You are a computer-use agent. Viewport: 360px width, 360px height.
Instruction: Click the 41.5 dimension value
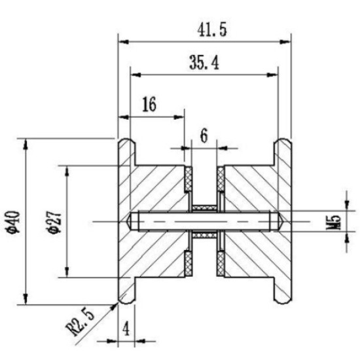click(x=212, y=30)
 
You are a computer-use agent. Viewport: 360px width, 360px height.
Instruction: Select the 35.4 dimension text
click(x=204, y=63)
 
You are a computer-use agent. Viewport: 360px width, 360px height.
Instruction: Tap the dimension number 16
click(x=149, y=104)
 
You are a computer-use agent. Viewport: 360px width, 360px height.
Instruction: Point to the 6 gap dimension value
click(x=204, y=135)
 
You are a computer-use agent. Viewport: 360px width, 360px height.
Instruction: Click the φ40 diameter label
click(x=14, y=222)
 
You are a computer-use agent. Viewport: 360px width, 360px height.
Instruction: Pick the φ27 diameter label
click(x=55, y=222)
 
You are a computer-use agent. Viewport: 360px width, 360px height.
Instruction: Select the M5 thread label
click(x=333, y=222)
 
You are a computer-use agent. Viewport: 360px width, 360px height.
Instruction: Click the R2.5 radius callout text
click(x=80, y=322)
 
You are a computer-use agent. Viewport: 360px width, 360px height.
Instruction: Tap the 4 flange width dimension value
click(x=126, y=330)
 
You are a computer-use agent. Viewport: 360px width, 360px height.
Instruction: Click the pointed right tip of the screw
click(x=283, y=222)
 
